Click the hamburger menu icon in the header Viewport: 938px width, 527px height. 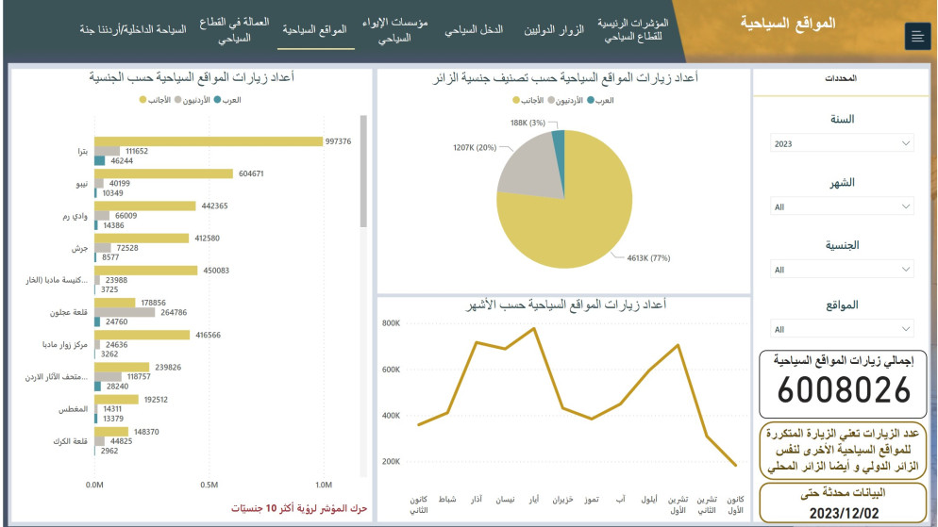click(x=916, y=36)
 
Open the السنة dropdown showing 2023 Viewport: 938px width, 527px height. click(x=842, y=143)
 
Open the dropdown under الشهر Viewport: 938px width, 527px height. click(x=842, y=206)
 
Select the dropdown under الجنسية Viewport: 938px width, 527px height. click(x=842, y=270)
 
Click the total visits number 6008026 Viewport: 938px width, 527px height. click(x=846, y=389)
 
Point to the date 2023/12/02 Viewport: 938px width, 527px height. click(x=846, y=512)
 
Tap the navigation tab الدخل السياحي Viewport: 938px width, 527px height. click(x=474, y=29)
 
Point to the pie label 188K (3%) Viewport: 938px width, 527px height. click(x=528, y=123)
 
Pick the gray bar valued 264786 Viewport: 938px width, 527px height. click(x=125, y=312)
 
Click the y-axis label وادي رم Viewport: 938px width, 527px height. click(x=74, y=217)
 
